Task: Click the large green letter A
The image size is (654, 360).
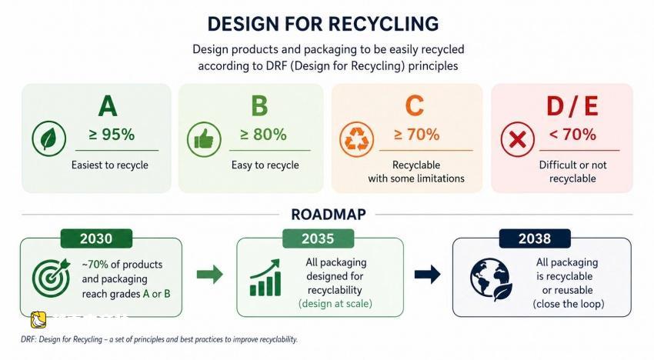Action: click(108, 106)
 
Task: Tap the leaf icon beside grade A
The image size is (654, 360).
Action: click(48, 138)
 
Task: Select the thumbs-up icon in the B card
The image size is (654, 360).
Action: click(204, 139)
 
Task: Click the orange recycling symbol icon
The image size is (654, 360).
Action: click(356, 139)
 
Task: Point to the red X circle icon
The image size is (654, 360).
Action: click(518, 139)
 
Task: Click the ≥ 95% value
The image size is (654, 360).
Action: click(112, 135)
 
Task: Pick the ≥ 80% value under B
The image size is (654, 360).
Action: click(263, 135)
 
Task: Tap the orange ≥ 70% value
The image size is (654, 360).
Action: click(416, 135)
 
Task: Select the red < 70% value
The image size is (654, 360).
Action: click(572, 135)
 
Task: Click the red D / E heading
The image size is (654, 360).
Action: click(572, 106)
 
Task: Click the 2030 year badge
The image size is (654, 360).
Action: click(96, 238)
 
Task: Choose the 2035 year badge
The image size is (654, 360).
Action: click(318, 238)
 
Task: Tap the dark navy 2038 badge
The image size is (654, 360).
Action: click(535, 238)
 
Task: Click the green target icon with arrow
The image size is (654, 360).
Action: click(51, 277)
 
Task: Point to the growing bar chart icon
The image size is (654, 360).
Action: click(265, 278)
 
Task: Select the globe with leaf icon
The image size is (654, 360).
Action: click(491, 279)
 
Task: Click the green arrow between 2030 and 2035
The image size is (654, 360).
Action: click(210, 274)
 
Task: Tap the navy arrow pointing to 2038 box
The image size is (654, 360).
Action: click(428, 274)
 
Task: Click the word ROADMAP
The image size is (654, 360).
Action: click(329, 215)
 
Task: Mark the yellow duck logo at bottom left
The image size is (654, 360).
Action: click(38, 320)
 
